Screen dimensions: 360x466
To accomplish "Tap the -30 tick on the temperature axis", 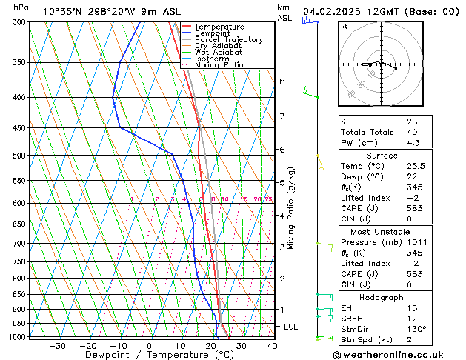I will point(57,345).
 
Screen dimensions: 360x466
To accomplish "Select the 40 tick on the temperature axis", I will point(272,345).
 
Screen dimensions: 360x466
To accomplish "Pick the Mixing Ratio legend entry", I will point(219,65).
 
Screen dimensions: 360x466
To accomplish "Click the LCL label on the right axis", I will point(291,327).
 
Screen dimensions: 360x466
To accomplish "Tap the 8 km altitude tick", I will point(282,81).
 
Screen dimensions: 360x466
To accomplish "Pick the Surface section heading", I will point(382,156).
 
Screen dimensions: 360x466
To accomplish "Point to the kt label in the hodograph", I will point(344,26).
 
